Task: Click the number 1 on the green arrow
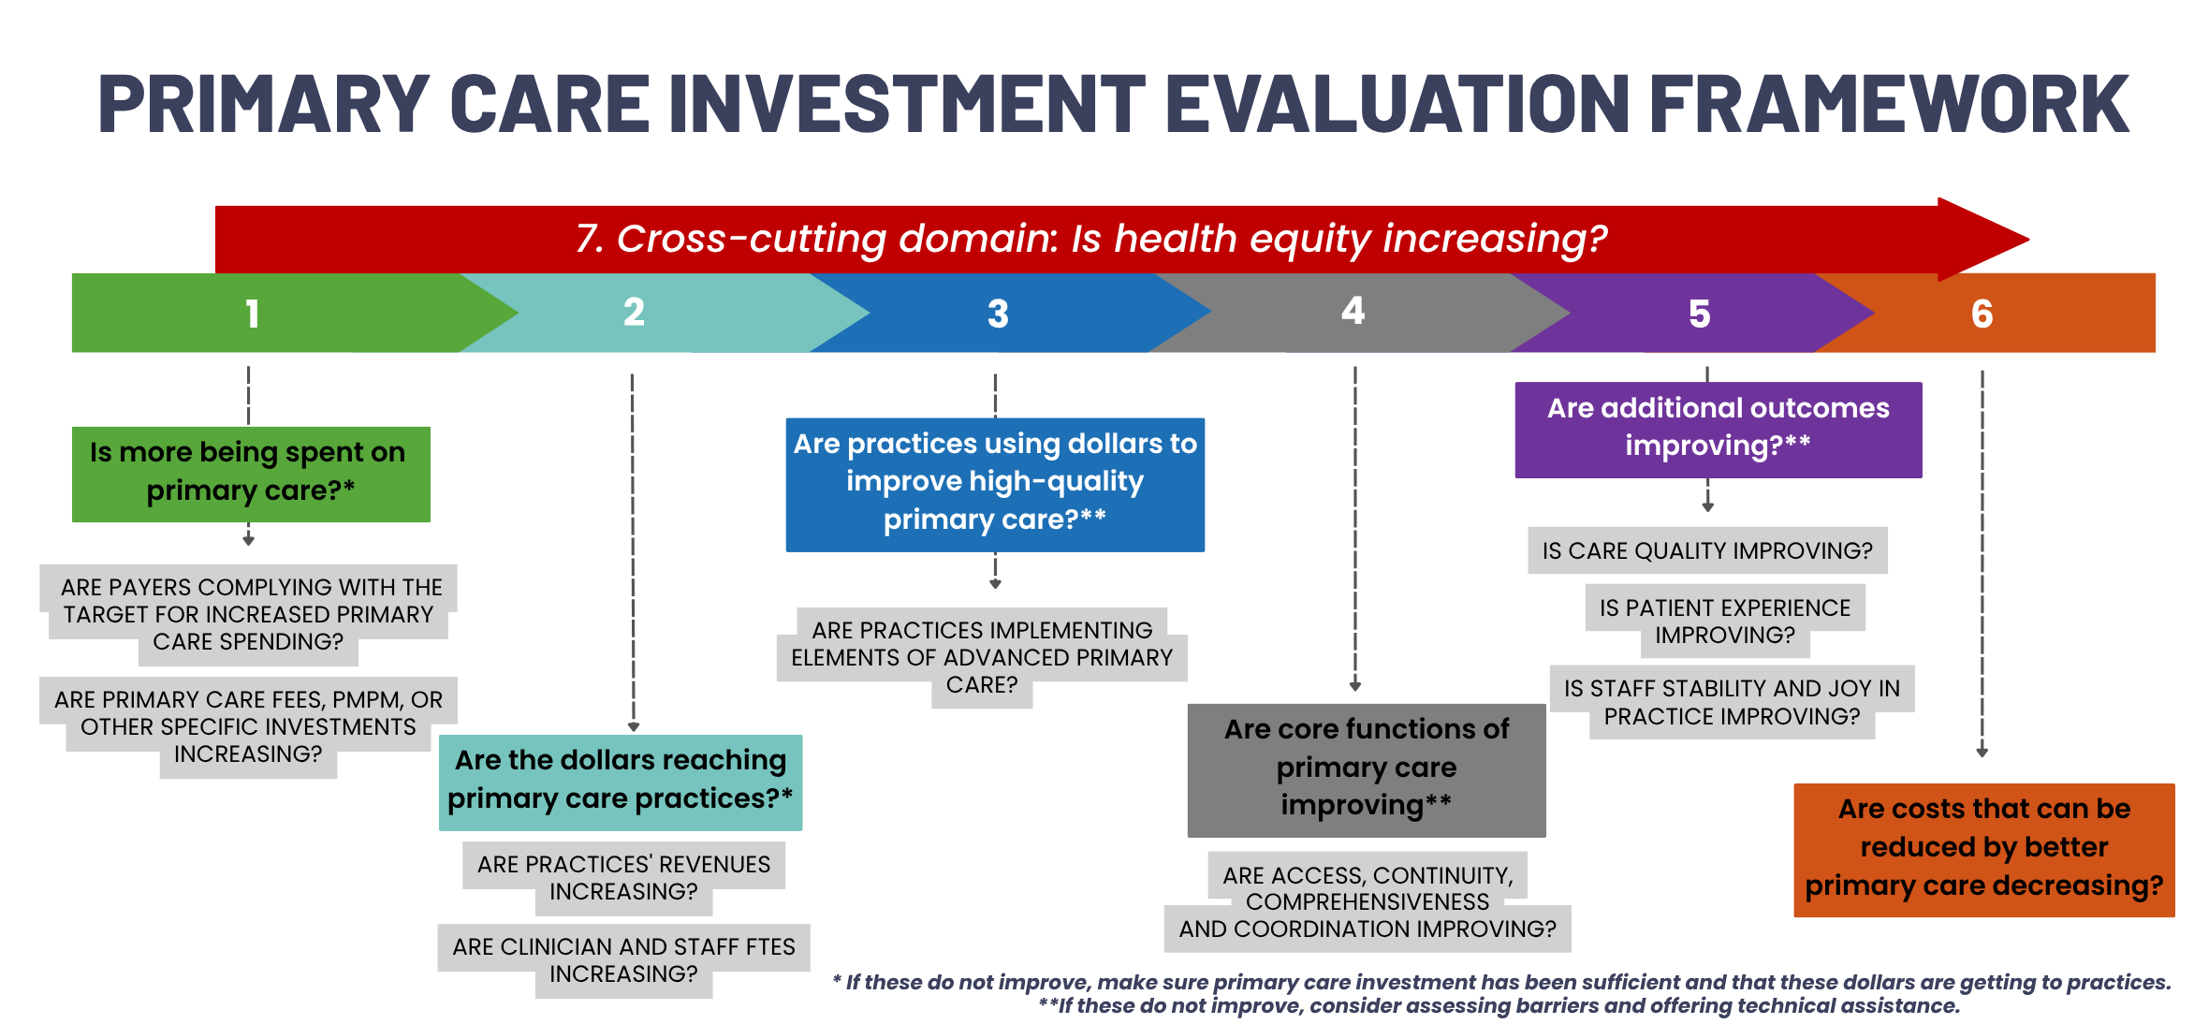[x=252, y=314]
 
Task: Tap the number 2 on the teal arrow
[x=634, y=312]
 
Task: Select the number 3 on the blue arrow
[x=998, y=314]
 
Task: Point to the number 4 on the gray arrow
[x=1353, y=310]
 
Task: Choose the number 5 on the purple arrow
[x=1700, y=314]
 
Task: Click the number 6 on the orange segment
[x=1982, y=314]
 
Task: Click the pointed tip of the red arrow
[x=2028, y=240]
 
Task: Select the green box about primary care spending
[x=251, y=474]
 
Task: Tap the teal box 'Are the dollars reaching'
[x=621, y=783]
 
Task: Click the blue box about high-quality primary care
[x=995, y=484]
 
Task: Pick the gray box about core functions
[x=1367, y=769]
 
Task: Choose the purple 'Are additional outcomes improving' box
[x=1719, y=430]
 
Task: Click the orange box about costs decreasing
[x=1984, y=850]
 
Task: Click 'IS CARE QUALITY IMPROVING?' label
[x=1707, y=550]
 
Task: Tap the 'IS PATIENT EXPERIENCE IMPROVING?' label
[x=1725, y=621]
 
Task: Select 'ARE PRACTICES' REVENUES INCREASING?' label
[x=623, y=877]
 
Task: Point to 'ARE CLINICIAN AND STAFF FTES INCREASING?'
[x=623, y=960]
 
